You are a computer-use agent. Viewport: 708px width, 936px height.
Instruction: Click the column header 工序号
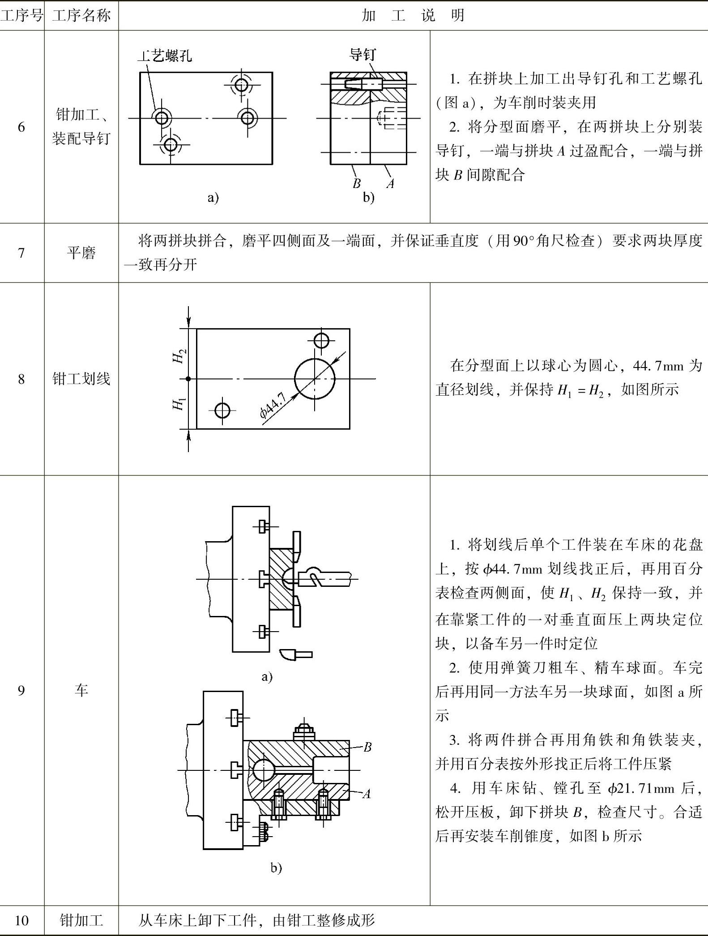point(21,16)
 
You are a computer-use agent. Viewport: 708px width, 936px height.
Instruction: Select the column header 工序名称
point(81,16)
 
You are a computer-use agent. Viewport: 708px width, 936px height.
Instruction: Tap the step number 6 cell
point(21,127)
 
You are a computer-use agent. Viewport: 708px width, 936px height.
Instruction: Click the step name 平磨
point(81,253)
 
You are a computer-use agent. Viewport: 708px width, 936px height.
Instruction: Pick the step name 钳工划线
point(81,379)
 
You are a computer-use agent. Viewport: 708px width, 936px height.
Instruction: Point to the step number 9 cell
point(21,691)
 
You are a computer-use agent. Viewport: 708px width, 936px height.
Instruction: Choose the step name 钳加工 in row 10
point(81,920)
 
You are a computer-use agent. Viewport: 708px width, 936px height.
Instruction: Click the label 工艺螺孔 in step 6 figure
point(165,56)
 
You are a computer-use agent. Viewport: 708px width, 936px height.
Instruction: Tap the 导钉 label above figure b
point(363,55)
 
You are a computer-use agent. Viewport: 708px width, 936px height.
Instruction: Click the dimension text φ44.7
point(273,405)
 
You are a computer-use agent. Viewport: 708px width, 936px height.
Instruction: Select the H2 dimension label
point(179,356)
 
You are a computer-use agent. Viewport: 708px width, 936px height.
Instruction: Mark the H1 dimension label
point(179,404)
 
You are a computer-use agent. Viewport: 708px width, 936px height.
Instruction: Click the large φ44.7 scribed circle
point(315,379)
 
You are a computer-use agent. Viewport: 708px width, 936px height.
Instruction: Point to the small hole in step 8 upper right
point(321,341)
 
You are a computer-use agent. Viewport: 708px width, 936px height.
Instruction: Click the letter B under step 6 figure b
point(356,184)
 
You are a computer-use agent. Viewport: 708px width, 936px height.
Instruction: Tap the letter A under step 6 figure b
point(390,184)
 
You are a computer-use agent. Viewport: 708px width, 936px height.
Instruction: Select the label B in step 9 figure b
point(367,747)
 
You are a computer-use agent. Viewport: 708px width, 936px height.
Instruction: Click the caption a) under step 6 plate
point(213,197)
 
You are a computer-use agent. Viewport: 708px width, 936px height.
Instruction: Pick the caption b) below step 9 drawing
point(276,868)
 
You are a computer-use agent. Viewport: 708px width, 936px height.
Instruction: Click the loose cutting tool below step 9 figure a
point(295,654)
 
